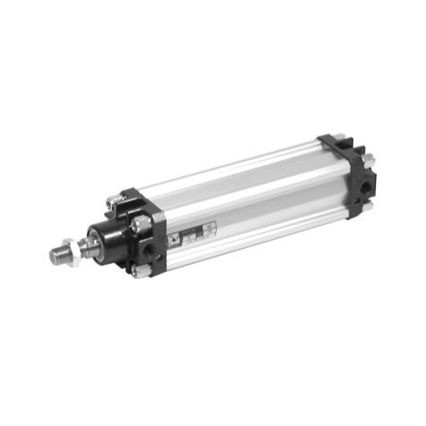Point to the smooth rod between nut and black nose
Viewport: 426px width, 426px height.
click(87, 243)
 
